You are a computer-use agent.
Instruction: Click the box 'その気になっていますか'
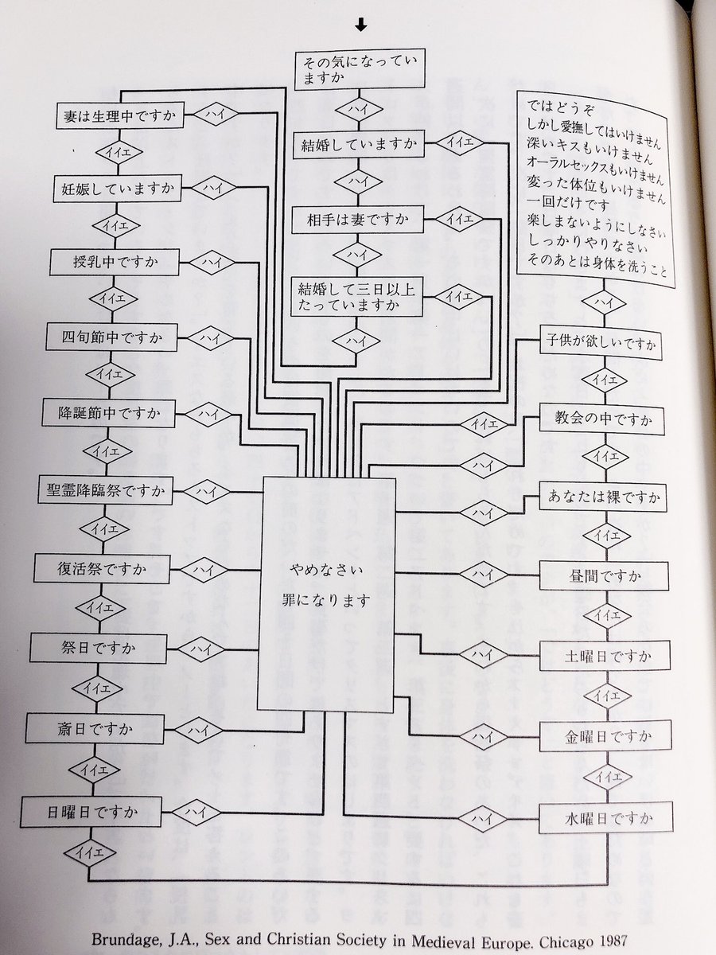click(360, 68)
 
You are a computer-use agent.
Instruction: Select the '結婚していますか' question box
click(359, 146)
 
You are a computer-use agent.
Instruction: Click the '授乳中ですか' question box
click(114, 262)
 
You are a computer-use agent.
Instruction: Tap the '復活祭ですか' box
click(101, 570)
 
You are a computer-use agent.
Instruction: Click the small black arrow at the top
click(361, 25)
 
